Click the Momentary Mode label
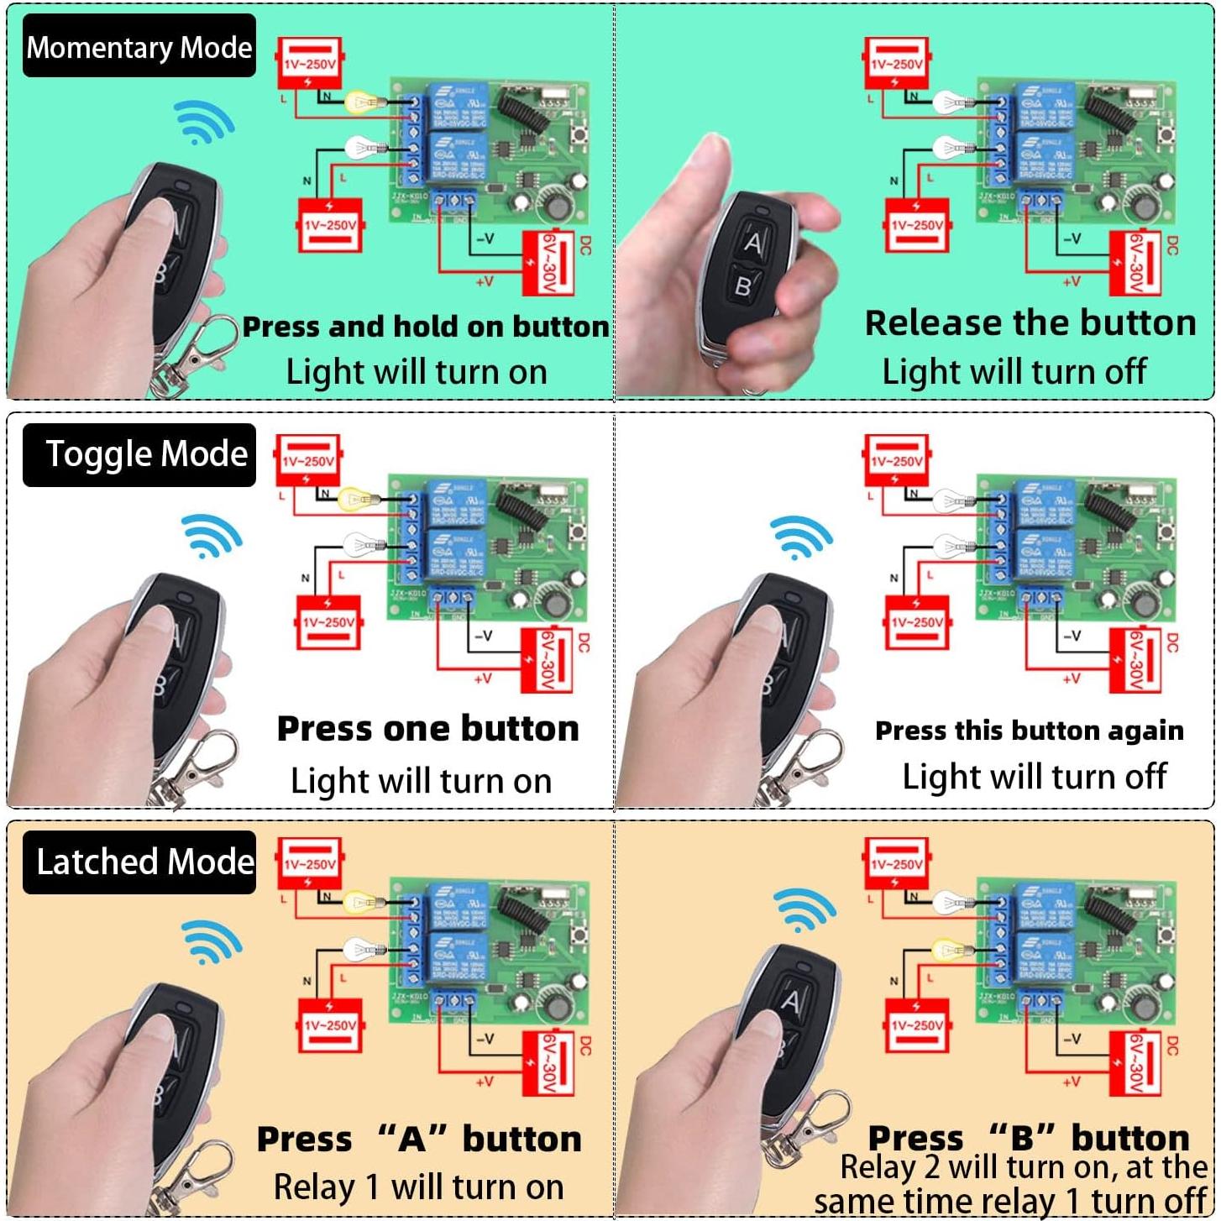point(139,47)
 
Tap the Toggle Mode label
point(139,454)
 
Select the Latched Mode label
point(139,862)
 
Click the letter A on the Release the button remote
point(753,244)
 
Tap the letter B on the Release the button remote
point(743,287)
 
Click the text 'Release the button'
point(1030,323)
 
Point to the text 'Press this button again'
point(1030,731)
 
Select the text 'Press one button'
point(428,729)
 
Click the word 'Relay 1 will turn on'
point(418,1187)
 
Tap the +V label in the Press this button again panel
point(1071,678)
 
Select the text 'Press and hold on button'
point(426,327)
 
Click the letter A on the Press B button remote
point(791,1001)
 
